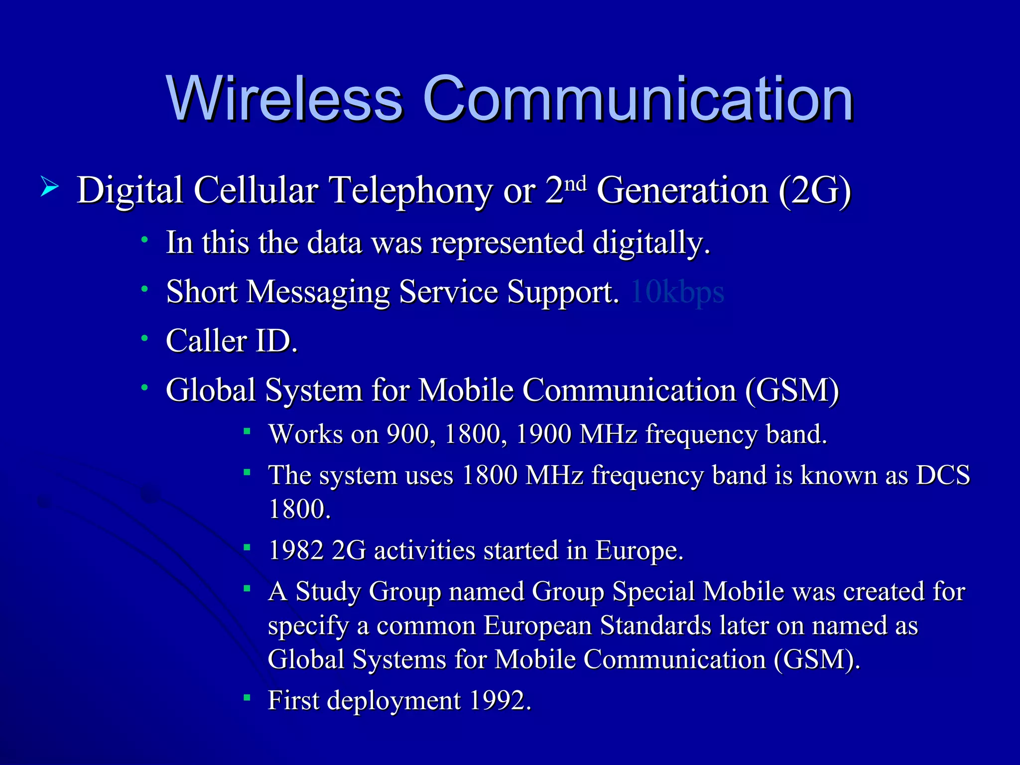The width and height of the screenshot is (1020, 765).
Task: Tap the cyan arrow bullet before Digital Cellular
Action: [50, 188]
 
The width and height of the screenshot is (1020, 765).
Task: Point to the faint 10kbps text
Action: [677, 292]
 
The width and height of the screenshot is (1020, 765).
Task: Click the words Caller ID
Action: [232, 341]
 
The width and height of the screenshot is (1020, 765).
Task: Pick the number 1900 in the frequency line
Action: [543, 434]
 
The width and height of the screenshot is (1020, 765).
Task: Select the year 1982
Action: [296, 551]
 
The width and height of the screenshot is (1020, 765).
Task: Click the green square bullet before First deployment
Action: [247, 697]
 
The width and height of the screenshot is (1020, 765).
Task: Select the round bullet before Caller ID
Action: [144, 339]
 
